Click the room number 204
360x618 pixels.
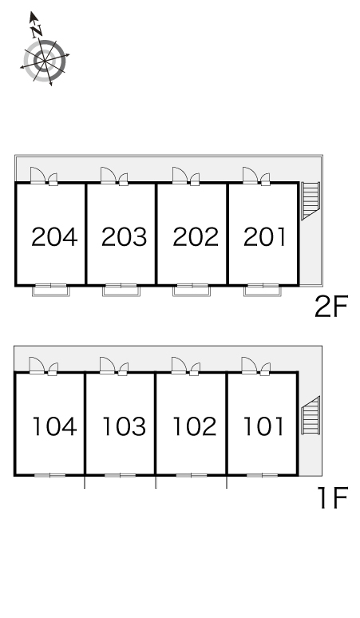point(54,237)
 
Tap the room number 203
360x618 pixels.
point(124,237)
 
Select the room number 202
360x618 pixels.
point(196,237)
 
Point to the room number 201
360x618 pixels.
point(264,237)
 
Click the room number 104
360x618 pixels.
point(54,426)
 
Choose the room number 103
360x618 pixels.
point(124,426)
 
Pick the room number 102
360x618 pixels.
point(195,426)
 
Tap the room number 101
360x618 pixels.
point(263,426)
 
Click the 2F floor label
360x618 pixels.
point(331,307)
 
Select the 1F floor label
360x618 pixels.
point(333,497)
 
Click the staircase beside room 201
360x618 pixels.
point(311,200)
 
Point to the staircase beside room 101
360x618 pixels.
point(311,415)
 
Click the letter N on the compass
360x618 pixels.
point(37,30)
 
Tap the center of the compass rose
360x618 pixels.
point(45,61)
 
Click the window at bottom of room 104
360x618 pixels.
point(50,475)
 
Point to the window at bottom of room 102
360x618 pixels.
point(192,475)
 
